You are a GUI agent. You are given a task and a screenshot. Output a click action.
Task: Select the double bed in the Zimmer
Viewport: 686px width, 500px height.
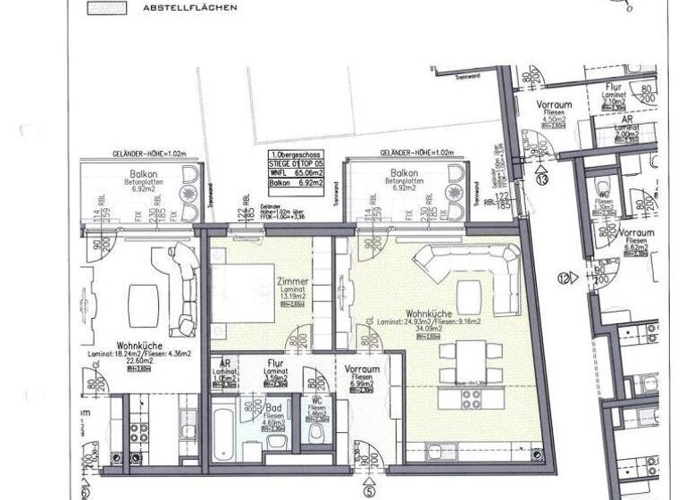tap(239, 292)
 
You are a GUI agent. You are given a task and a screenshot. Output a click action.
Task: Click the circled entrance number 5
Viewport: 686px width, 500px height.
tap(367, 487)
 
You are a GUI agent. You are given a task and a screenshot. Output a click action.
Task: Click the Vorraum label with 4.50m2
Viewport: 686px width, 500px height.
tap(555, 105)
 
